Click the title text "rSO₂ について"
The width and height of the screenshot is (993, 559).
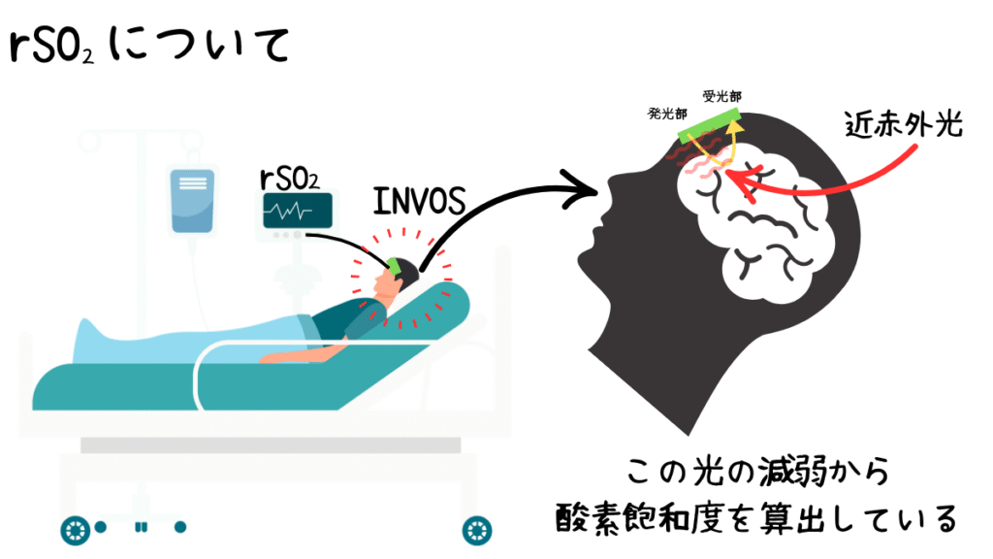click(x=150, y=45)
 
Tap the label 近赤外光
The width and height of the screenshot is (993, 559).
click(x=904, y=124)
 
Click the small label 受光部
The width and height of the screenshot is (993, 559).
click(x=721, y=96)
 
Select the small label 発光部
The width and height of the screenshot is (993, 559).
click(x=667, y=115)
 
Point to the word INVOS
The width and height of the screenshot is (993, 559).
click(x=419, y=202)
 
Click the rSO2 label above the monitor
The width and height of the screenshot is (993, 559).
click(x=289, y=180)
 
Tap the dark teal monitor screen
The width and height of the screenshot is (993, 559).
click(x=298, y=211)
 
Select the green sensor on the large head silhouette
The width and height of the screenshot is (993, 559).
click(x=709, y=125)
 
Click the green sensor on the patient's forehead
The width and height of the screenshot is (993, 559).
click(x=396, y=266)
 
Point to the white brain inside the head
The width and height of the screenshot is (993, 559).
click(x=752, y=220)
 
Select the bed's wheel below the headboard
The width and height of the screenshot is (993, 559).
click(x=477, y=531)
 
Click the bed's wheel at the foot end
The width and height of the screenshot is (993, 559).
click(x=76, y=531)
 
